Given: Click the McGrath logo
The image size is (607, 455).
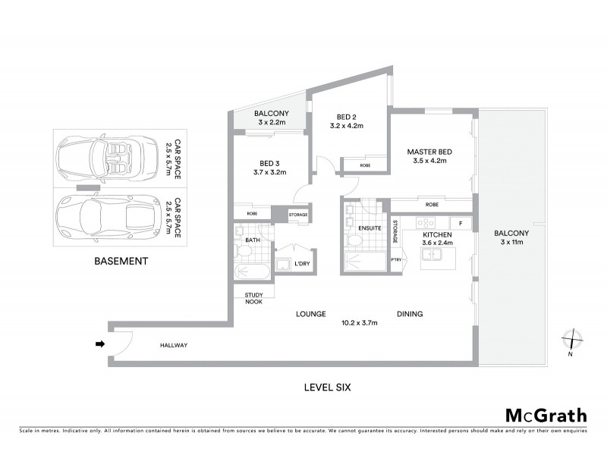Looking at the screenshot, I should click(x=546, y=415).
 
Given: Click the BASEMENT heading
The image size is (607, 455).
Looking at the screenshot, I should click(x=121, y=261).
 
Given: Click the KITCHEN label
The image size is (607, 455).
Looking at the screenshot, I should click(x=437, y=236).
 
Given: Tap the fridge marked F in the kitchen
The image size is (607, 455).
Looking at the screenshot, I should click(x=459, y=223).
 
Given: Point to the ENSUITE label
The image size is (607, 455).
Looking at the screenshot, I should click(x=369, y=227).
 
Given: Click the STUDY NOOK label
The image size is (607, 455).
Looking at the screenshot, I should click(x=253, y=298).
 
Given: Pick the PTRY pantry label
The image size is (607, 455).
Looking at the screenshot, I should click(x=395, y=260).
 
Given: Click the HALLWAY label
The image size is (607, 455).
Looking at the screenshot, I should click(x=173, y=346).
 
